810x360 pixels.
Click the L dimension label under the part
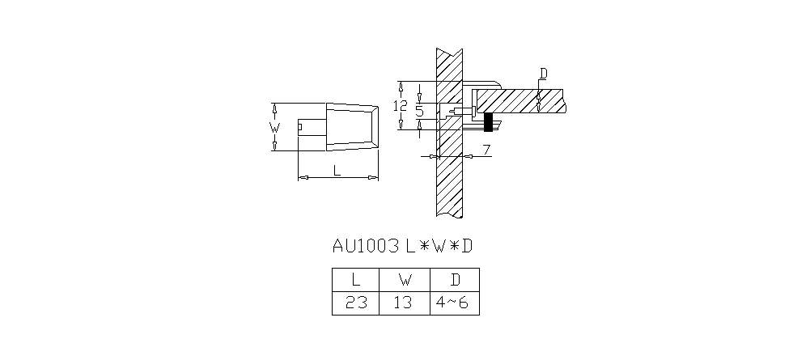(337, 170)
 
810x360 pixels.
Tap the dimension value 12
(401, 106)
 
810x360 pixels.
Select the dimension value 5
(419, 111)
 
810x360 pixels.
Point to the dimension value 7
(486, 150)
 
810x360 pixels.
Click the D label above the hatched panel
(543, 74)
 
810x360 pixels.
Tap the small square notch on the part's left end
(300, 127)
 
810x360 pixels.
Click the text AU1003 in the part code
(366, 246)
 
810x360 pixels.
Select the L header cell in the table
(355, 280)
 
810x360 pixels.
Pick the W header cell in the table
(405, 280)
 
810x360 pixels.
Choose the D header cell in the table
(455, 280)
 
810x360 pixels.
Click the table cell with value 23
(355, 303)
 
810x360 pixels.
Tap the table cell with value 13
(405, 303)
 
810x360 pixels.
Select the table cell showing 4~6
(455, 303)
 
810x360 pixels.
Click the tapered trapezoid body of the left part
(352, 127)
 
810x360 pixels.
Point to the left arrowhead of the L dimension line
(303, 178)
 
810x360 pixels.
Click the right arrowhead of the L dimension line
(373, 178)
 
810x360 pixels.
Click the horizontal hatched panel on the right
(520, 100)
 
